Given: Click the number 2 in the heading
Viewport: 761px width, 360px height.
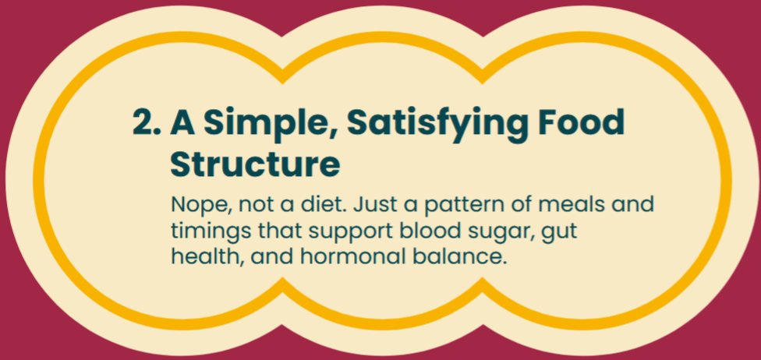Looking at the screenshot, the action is coord(146,122).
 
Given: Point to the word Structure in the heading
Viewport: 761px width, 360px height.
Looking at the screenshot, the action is coord(255,165).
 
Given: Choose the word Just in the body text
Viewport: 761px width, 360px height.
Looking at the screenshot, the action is coord(371,205).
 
